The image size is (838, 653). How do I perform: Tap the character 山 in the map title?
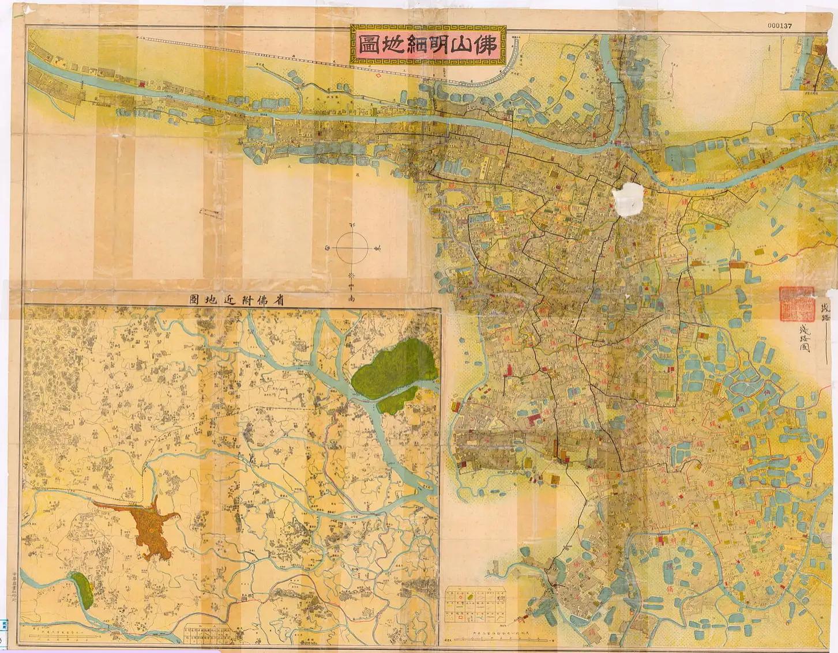point(454,44)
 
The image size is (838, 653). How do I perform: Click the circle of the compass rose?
point(352,248)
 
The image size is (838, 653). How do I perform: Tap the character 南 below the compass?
point(352,299)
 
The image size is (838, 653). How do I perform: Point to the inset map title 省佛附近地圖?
point(238,299)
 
